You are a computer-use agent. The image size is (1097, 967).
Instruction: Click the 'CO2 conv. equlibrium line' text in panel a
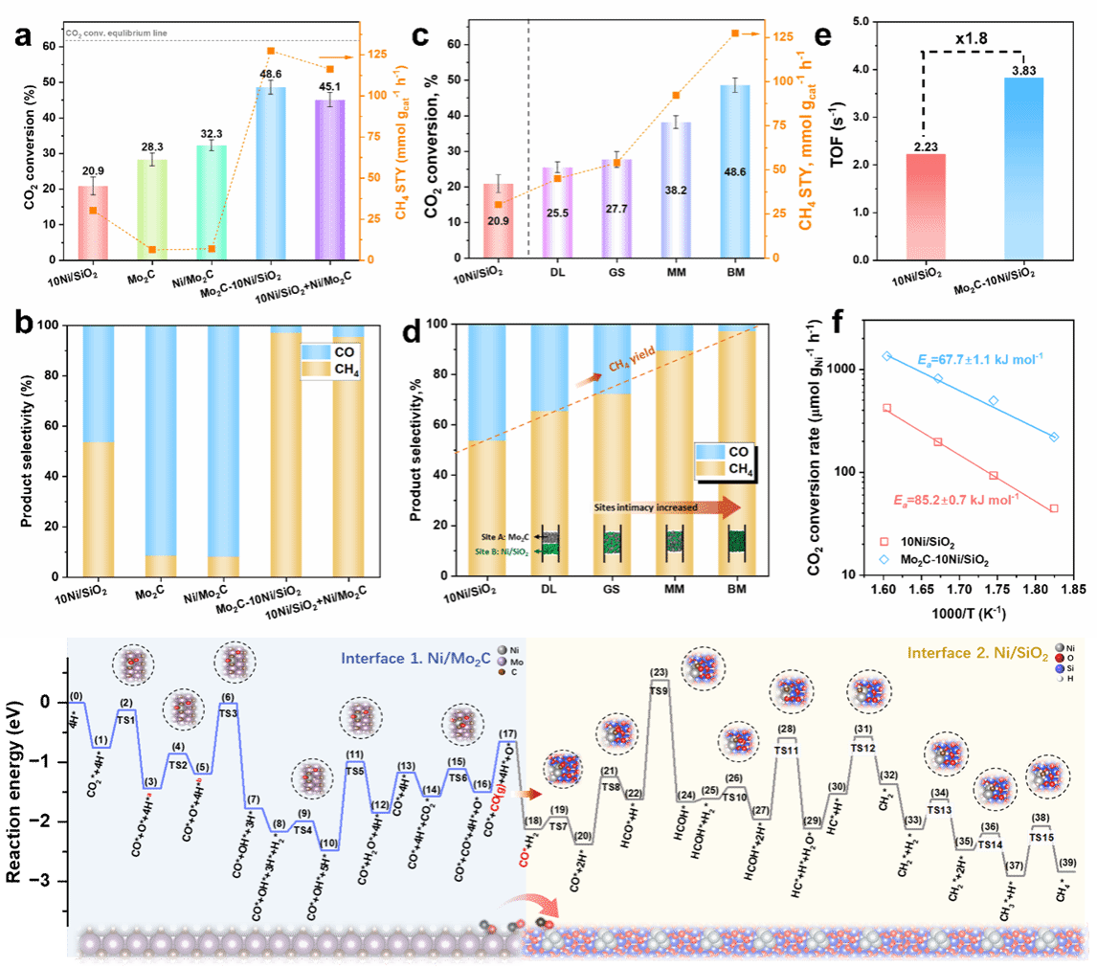(x=103, y=34)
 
